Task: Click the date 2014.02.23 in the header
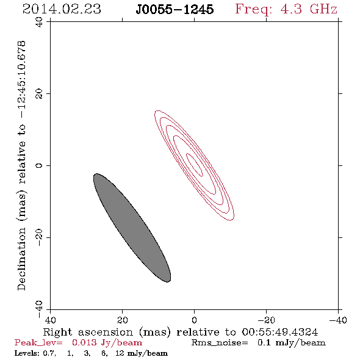62,9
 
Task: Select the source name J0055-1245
175,9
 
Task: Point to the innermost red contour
194,165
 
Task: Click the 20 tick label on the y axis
39,94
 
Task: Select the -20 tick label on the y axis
39,237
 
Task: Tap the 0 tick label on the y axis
39,165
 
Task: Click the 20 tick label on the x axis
122,320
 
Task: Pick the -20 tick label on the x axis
266,320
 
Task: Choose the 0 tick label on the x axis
194,320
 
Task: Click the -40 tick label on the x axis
338,320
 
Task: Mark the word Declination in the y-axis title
21,259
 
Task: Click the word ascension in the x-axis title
106,332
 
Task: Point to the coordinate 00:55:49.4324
279,332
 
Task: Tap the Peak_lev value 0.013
84,342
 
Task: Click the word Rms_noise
220,343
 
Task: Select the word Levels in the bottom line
27,353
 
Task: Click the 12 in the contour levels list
120,353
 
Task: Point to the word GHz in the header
323,9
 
